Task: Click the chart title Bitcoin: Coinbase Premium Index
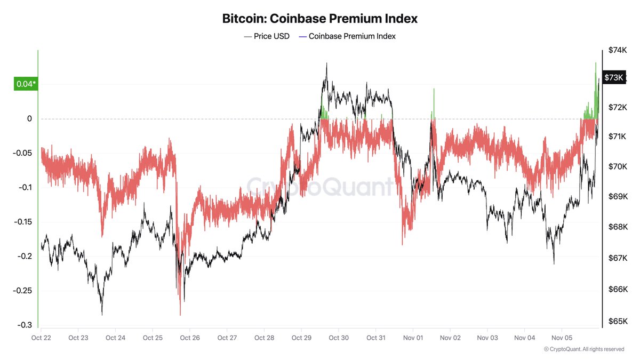[319, 19]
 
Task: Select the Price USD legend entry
[267, 36]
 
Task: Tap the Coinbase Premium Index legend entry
[347, 36]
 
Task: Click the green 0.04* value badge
[26, 84]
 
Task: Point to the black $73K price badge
[613, 77]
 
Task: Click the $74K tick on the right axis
[618, 50]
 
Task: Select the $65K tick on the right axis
[618, 321]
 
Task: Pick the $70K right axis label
[618, 167]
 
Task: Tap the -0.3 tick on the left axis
[26, 325]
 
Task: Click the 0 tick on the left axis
[30, 118]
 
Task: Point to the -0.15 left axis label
[23, 222]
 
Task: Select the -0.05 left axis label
[23, 153]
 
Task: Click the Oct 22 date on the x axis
[41, 338]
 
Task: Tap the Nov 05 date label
[562, 338]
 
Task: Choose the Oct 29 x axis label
[301, 338]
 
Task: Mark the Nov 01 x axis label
[413, 338]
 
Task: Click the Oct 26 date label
[190, 338]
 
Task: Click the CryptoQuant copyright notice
[583, 349]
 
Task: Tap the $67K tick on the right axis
[618, 258]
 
